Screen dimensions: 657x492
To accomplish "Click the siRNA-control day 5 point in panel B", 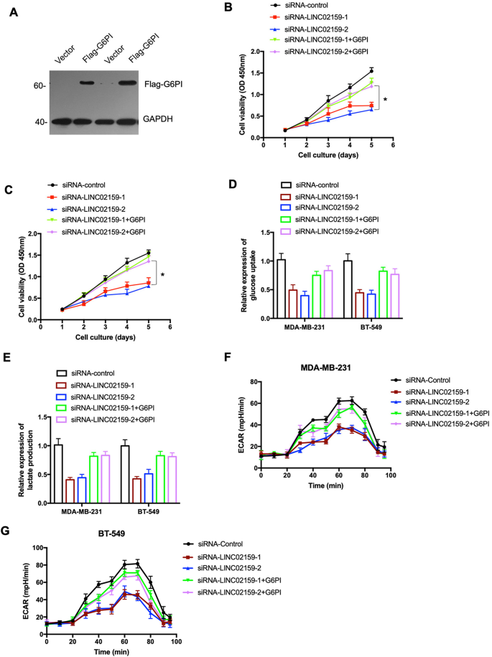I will pos(371,70).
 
